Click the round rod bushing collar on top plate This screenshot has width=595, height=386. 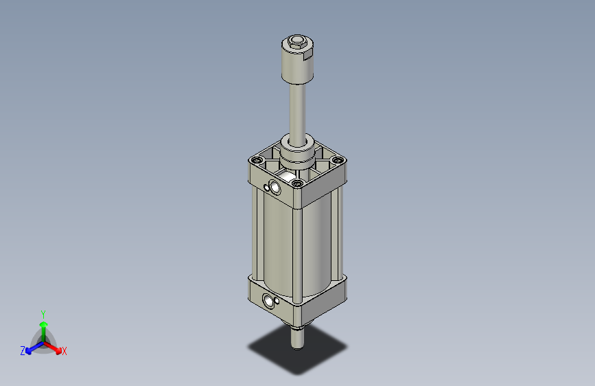click(x=298, y=150)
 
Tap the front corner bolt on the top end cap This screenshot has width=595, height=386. click(x=298, y=183)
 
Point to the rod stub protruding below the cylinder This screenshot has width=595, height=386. click(x=297, y=337)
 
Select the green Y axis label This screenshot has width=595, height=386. click(x=43, y=313)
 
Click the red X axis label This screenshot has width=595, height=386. click(x=65, y=352)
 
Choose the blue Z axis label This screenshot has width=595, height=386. click(x=23, y=351)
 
